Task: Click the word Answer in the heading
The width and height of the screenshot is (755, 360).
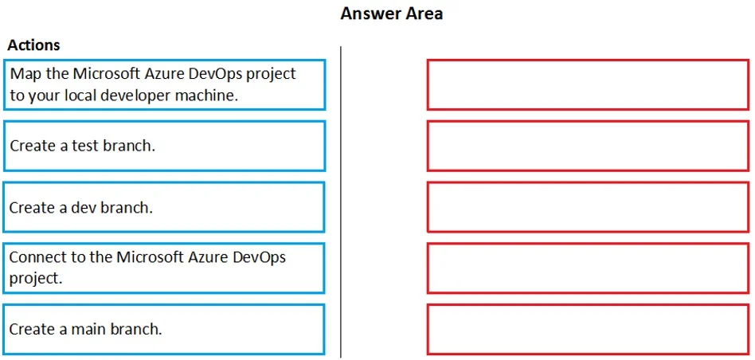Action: point(371,14)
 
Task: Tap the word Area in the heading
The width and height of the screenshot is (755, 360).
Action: point(424,14)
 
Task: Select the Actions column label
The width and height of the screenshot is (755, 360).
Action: point(33,45)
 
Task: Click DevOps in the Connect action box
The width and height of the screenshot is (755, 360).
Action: point(259,258)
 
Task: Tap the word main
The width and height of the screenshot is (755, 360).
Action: point(86,329)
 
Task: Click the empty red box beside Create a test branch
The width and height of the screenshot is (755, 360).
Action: point(588,146)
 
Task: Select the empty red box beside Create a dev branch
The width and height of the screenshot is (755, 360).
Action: point(588,207)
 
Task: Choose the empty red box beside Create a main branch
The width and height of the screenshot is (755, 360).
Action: point(588,329)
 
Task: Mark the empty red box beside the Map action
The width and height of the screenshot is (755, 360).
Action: point(588,84)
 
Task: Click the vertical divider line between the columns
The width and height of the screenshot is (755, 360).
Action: point(341,202)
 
